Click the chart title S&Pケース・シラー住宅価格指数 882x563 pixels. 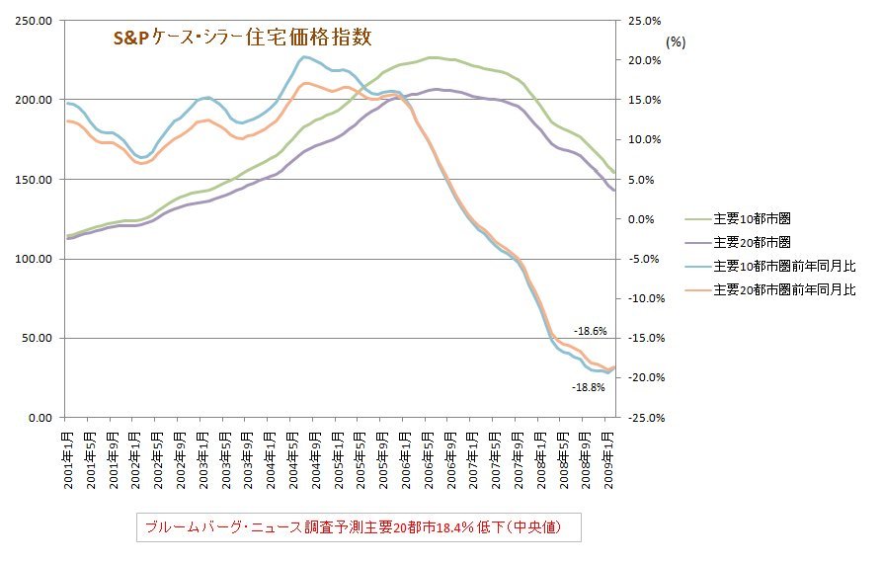[x=241, y=39]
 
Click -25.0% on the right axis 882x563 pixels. [x=642, y=417]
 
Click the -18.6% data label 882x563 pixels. [x=591, y=331]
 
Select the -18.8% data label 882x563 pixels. [x=589, y=388]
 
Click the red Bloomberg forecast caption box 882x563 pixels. [x=358, y=527]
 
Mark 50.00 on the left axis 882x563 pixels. [x=40, y=338]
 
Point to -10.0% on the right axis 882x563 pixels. [x=642, y=298]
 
